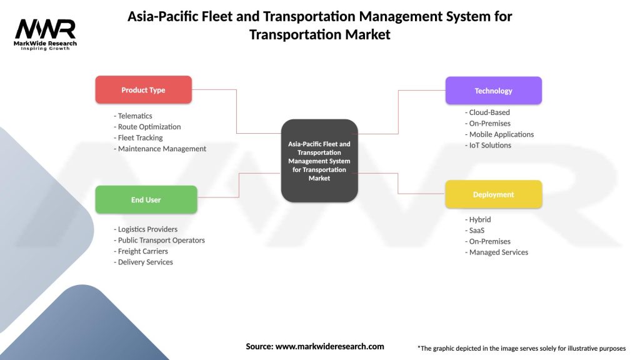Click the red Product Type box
click(143, 90)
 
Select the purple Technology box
click(493, 91)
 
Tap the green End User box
click(146, 200)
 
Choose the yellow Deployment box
click(493, 194)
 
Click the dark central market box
click(319, 161)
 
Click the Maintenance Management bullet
click(160, 149)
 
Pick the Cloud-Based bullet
click(487, 112)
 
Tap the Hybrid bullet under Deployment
click(479, 219)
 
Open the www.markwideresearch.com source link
click(329, 346)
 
